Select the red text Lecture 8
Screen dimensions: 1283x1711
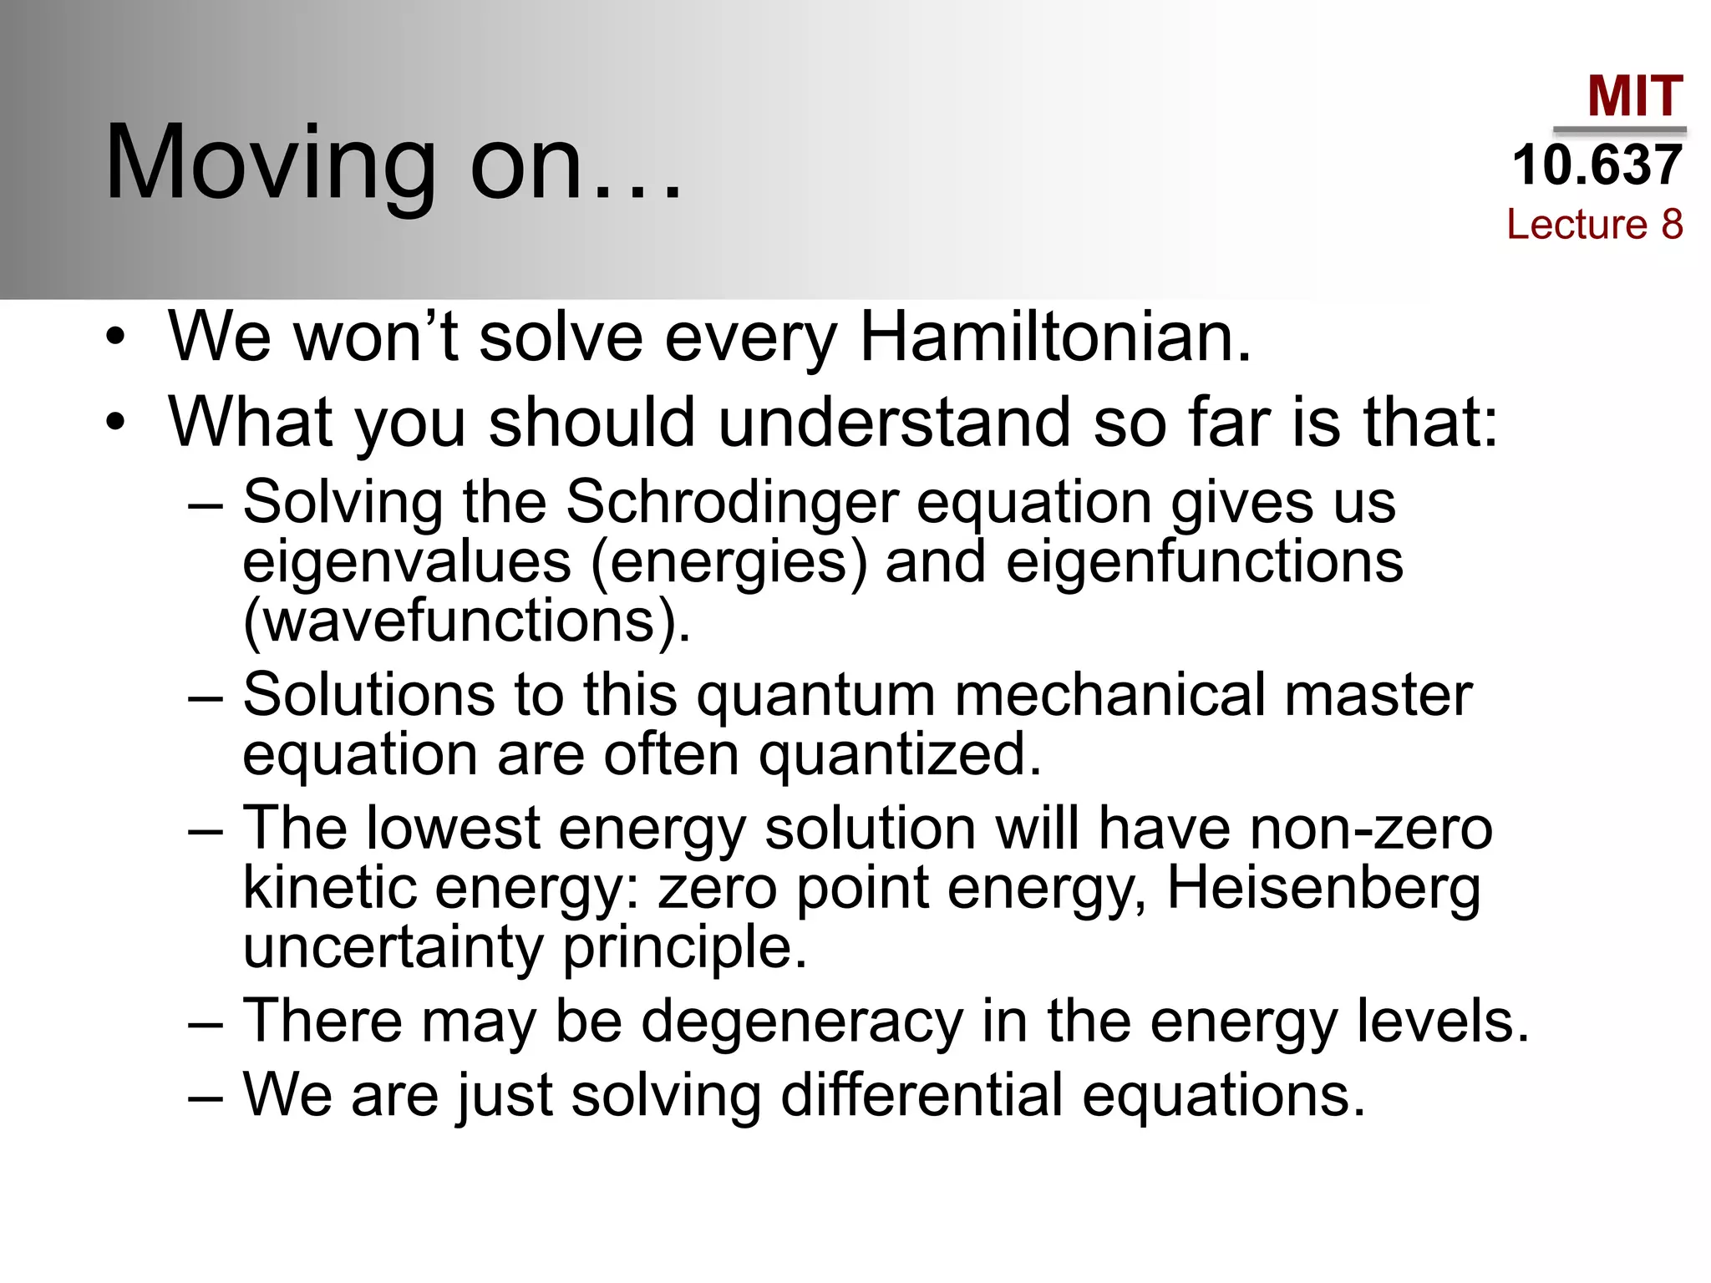(x=1594, y=224)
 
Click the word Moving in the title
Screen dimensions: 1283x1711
(x=271, y=163)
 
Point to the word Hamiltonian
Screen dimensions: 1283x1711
(x=1055, y=337)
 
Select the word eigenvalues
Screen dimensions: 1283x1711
(x=407, y=561)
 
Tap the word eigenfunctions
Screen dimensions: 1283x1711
(x=1204, y=561)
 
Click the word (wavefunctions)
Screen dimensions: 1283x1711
(x=466, y=621)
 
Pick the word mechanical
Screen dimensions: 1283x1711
(x=1109, y=695)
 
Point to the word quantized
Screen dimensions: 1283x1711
(x=900, y=754)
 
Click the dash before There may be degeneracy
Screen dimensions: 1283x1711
(x=206, y=1023)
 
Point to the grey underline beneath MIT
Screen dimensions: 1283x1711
(x=1619, y=130)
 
